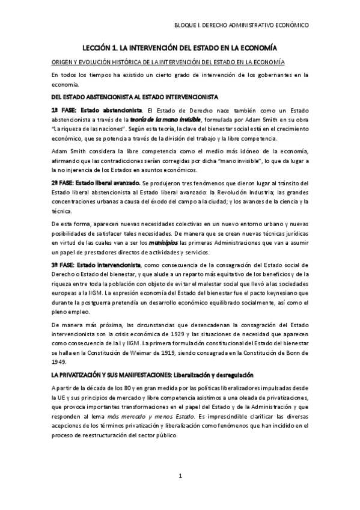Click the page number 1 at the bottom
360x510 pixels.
click(x=180, y=476)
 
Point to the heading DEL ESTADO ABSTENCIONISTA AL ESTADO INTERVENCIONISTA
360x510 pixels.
click(x=135, y=97)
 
